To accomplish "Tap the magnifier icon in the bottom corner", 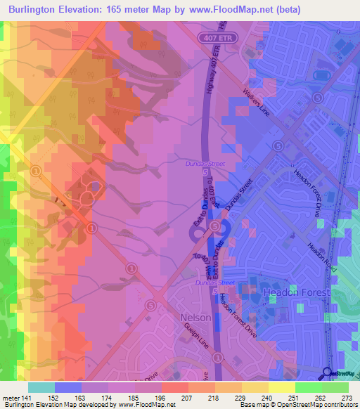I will (x=328, y=372).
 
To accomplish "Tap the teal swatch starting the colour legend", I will (x=41, y=387).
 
